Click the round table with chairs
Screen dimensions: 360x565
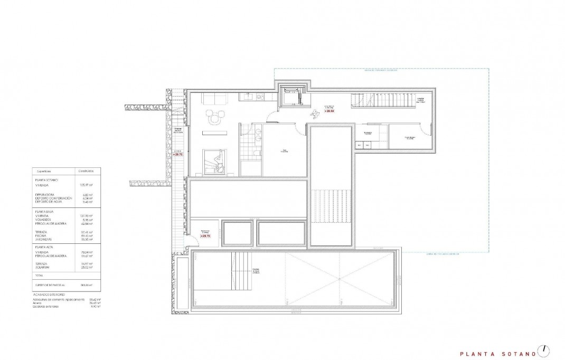(x=214, y=117)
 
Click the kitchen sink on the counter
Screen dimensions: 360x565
(x=260, y=97)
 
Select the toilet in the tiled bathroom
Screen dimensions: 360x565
(x=255, y=153)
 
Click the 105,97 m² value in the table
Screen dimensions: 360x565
(x=86, y=185)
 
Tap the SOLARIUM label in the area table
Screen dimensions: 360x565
(x=43, y=267)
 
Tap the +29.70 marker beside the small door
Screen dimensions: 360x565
(x=204, y=236)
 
